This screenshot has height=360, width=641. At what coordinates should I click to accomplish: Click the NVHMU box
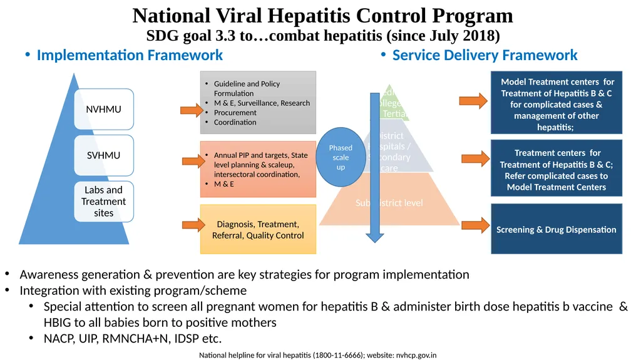point(103,110)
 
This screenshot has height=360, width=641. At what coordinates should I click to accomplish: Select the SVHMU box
point(103,155)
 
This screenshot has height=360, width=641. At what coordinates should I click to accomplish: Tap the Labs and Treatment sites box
point(103,202)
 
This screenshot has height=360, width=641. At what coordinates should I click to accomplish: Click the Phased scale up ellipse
point(341,157)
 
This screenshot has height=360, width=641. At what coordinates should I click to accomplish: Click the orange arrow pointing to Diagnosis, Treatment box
point(192,225)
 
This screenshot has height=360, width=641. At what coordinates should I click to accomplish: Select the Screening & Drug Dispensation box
point(556,229)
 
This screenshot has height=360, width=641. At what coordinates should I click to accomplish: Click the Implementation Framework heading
point(130,55)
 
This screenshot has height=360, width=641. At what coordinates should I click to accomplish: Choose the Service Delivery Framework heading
point(485,55)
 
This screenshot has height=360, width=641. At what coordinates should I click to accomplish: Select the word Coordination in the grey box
point(235,122)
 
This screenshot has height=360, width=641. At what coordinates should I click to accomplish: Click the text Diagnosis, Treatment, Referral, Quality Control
point(257,230)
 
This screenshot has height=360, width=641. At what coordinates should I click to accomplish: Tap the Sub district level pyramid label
point(389,203)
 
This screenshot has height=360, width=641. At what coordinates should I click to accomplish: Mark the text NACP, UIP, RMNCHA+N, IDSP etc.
point(133,339)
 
